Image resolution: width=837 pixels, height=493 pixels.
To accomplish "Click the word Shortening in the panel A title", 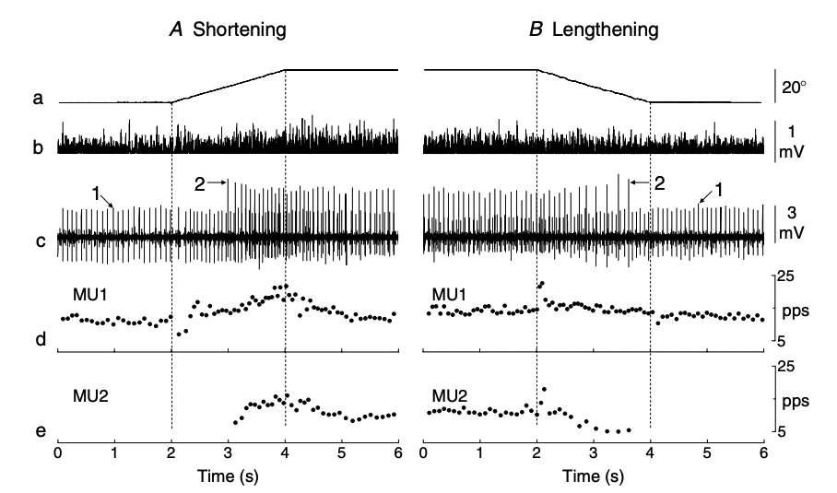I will click(x=239, y=29).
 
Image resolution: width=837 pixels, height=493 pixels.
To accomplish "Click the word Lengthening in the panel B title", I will click(x=606, y=29).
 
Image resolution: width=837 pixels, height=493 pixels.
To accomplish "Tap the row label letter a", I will click(x=38, y=98).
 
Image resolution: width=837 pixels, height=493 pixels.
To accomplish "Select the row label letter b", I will click(x=38, y=147).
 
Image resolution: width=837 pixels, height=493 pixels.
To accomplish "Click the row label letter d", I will click(x=38, y=340).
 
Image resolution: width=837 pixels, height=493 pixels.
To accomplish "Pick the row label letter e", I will click(x=38, y=431).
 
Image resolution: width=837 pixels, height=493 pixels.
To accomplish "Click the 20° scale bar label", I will click(x=795, y=88).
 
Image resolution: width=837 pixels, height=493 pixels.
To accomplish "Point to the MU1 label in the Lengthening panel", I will click(x=449, y=294).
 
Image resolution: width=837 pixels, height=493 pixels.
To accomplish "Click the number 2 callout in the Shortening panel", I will click(x=199, y=183).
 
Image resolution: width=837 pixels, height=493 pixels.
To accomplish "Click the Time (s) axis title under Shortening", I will click(x=228, y=477).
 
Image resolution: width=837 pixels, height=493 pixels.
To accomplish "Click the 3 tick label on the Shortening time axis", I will click(x=228, y=455).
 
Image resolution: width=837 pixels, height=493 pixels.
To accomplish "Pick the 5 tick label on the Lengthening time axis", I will click(x=707, y=455).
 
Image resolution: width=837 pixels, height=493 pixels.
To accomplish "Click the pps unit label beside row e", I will click(x=795, y=402).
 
